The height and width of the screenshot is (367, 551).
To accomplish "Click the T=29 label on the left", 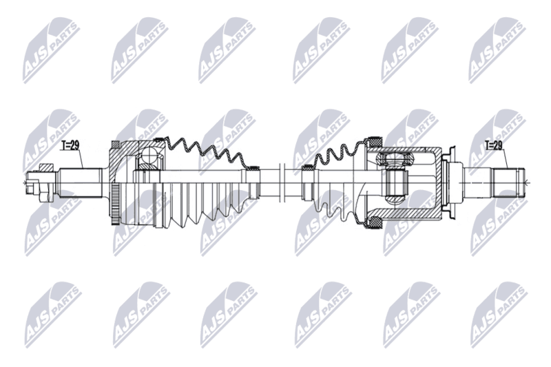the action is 70,145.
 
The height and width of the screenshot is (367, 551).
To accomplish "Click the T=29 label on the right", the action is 494,145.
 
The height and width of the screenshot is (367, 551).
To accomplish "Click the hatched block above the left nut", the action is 46,167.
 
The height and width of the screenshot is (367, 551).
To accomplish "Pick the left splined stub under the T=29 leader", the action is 81,182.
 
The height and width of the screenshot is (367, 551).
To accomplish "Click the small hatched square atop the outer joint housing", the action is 115,145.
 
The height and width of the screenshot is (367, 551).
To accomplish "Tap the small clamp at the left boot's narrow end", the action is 252,167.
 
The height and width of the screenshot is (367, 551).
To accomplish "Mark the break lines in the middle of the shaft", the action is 281,182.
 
